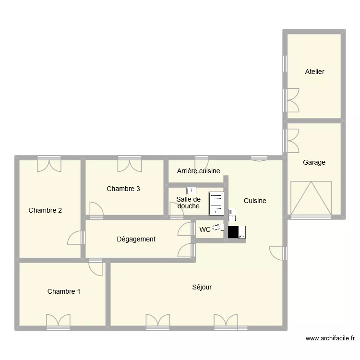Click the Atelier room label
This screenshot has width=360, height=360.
[x=314, y=72]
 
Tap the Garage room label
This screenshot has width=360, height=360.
[x=314, y=162]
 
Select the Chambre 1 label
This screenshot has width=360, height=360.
[x=64, y=291]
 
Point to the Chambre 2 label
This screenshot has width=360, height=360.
[x=45, y=210]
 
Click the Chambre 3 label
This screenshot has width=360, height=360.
[x=123, y=189]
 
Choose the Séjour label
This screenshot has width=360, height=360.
[x=202, y=287]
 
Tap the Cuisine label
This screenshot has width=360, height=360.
[x=254, y=201]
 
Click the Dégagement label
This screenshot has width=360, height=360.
[x=136, y=239]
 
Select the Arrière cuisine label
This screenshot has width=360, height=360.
[x=198, y=171]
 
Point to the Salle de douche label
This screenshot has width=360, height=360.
[x=188, y=203]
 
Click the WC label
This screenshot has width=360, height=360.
[x=205, y=230]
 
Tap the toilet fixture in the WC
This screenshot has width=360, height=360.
[x=217, y=229]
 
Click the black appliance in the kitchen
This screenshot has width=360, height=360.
[x=234, y=232]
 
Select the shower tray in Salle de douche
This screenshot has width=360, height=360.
[x=216, y=203]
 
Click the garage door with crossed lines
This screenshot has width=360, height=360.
[x=311, y=198]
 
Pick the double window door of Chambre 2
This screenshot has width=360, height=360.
[x=49, y=164]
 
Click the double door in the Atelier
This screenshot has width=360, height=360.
[x=291, y=99]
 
